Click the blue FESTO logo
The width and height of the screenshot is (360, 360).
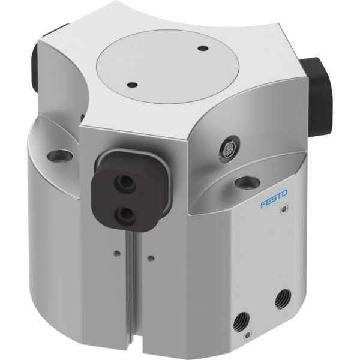point(274,199)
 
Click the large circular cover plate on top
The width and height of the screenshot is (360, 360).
point(168,67)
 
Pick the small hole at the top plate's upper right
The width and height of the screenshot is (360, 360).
point(203,48)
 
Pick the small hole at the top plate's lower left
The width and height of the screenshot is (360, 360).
point(132,85)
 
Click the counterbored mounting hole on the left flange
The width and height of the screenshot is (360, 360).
point(59,156)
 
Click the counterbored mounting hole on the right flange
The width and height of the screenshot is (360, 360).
point(247,182)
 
